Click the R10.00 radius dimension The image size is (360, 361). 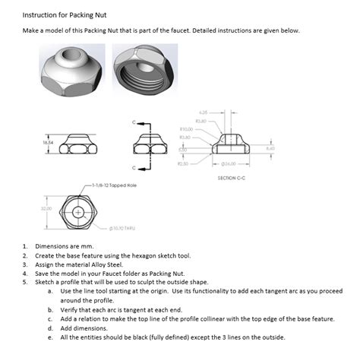tap(187, 129)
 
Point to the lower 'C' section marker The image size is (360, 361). tap(135, 166)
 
